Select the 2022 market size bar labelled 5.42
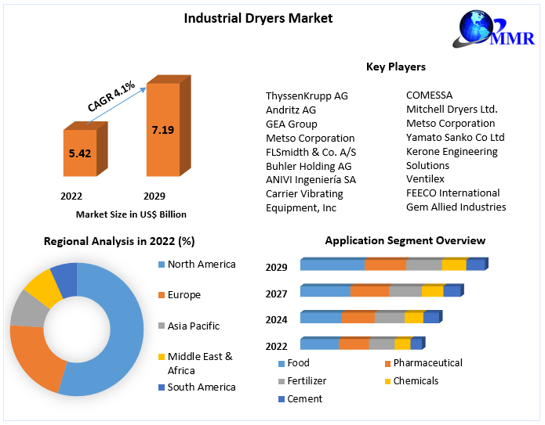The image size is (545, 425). point(80,153)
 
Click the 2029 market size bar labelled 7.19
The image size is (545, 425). point(163,130)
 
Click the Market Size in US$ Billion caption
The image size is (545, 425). point(131,214)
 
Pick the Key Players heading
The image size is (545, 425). point(396,67)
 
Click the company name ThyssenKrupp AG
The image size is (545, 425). point(307,95)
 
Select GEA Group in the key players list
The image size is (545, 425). point(292,124)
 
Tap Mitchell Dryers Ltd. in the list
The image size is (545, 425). point(452,110)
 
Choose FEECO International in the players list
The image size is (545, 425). point(452,193)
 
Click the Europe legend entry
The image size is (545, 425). point(183,295)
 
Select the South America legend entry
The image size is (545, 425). point(201,387)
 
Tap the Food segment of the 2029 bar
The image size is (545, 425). point(332,265)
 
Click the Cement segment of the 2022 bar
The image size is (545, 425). point(416,344)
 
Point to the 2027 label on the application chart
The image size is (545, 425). point(276,294)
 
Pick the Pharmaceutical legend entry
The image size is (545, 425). point(427,363)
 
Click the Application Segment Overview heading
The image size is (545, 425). point(405,240)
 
